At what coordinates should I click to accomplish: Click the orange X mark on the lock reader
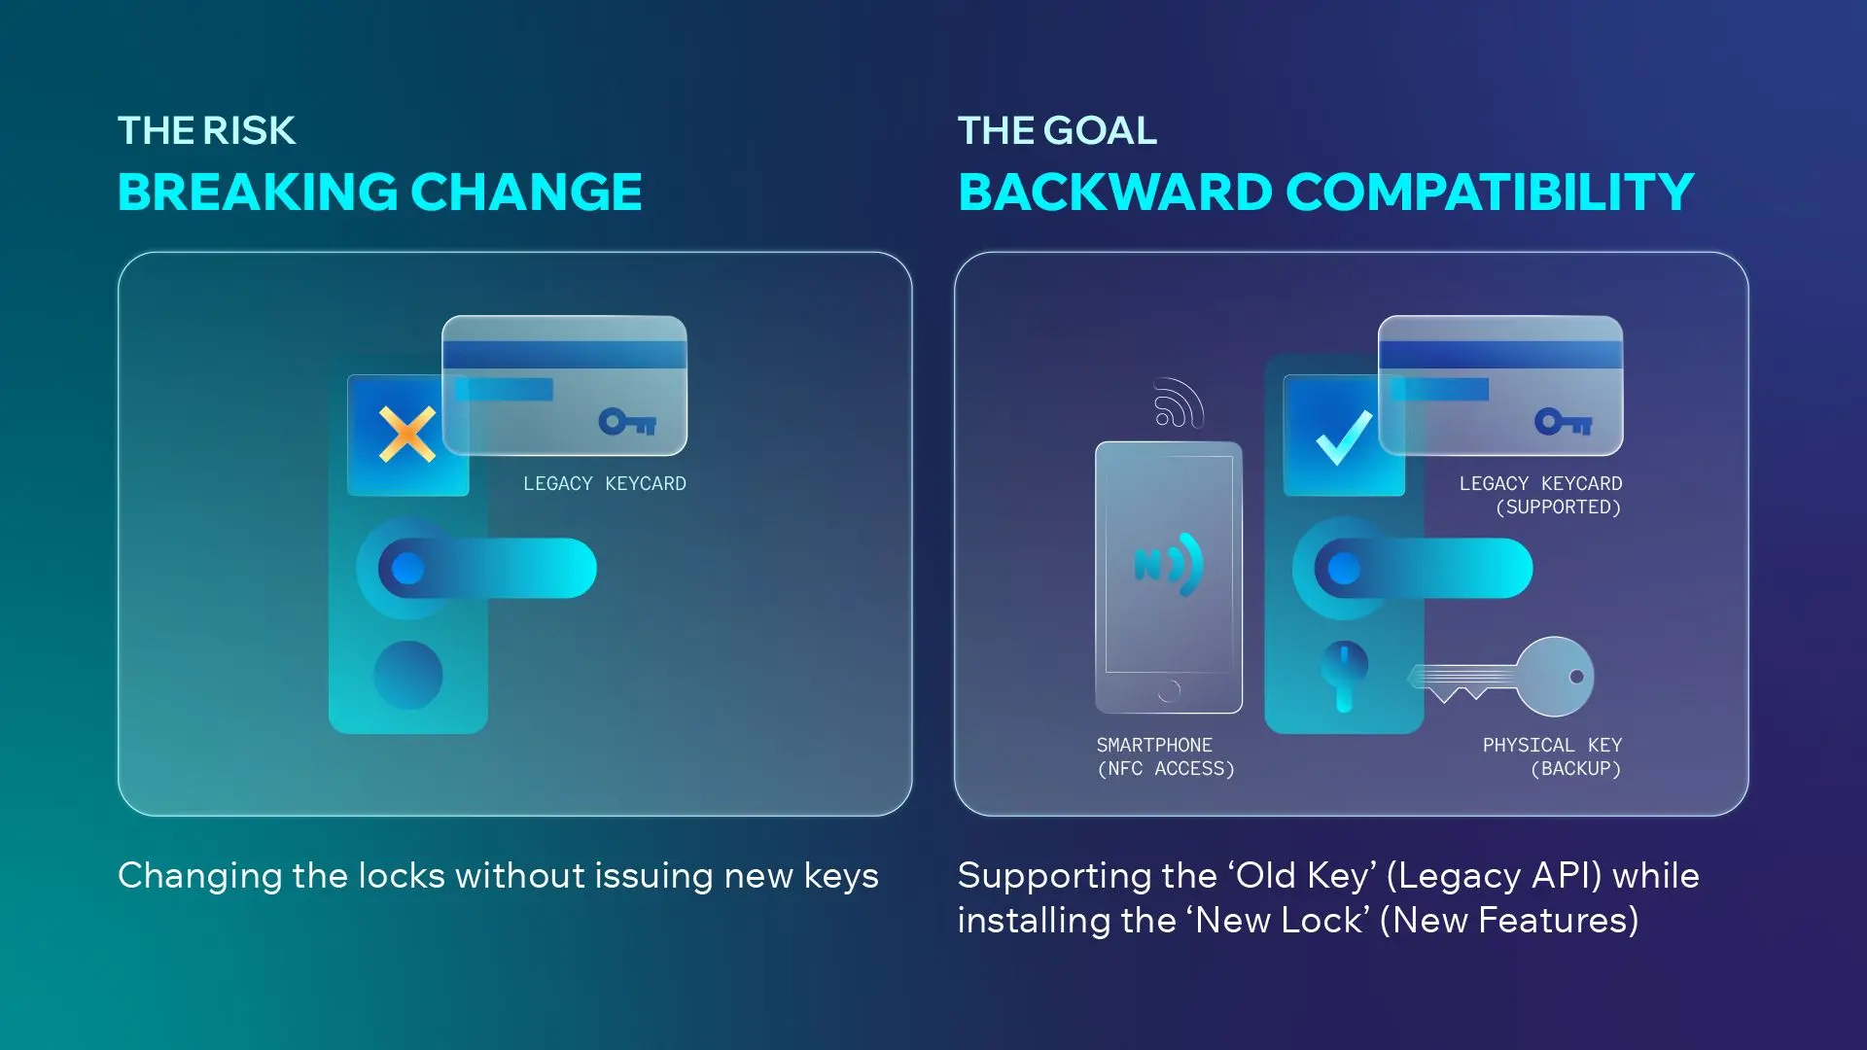click(407, 434)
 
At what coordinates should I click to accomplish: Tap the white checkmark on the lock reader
click(1344, 437)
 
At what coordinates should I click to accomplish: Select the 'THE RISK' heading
click(206, 130)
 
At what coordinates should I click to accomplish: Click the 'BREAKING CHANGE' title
click(379, 192)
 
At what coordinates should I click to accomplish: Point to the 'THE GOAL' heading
click(1057, 130)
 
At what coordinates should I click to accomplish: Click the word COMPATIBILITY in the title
click(1490, 192)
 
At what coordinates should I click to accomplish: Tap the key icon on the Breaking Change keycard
click(627, 422)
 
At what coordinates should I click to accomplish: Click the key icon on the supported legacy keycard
click(1564, 422)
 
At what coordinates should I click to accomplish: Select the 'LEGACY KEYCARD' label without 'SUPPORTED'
click(604, 483)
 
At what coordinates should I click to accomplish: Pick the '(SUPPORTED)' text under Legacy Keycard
click(1558, 507)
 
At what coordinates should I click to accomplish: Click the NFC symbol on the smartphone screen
click(1169, 565)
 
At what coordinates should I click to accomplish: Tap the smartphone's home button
click(1169, 690)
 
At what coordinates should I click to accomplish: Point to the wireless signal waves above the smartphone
click(1178, 402)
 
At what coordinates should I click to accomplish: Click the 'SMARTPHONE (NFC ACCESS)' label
click(1165, 756)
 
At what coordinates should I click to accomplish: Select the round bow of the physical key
click(1556, 677)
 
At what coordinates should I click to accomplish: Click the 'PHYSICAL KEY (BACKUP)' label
click(1552, 756)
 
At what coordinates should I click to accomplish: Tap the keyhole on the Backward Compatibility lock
click(1344, 673)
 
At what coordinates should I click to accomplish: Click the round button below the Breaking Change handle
click(408, 675)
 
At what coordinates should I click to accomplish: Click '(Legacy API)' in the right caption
click(1494, 876)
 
